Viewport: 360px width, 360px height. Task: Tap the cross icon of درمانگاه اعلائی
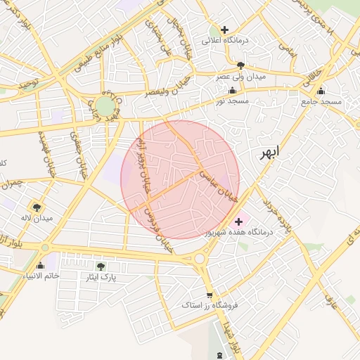[224, 30]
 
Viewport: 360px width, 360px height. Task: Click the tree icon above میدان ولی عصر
[241, 65]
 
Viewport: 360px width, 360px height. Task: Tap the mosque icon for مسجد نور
[233, 91]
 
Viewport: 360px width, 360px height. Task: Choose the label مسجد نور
[233, 101]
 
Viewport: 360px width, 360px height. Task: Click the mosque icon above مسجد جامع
[321, 91]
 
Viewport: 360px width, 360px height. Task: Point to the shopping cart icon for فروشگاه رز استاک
[209, 295]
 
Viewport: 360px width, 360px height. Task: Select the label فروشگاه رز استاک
[210, 306]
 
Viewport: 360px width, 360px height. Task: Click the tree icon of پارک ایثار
[101, 266]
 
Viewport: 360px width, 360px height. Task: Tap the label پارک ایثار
[101, 277]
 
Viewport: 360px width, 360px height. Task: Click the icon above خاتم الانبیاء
[40, 265]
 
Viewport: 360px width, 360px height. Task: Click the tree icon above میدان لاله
[37, 207]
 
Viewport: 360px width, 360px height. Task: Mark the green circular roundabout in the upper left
[105, 106]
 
